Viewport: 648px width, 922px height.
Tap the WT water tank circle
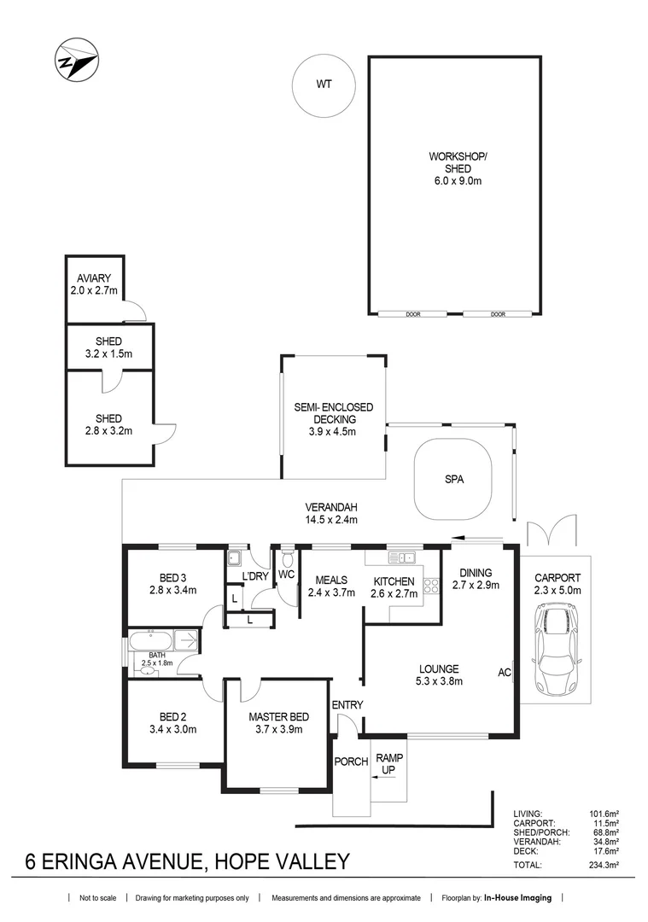pos(324,84)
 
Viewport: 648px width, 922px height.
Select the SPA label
pos(453,480)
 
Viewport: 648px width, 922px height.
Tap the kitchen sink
pos(401,558)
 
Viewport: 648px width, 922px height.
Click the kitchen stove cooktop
pos(431,586)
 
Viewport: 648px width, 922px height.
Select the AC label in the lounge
pos(504,673)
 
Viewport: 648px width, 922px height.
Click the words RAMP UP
pos(389,764)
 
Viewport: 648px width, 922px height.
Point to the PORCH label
pos(351,762)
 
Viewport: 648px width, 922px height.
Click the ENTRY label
pos(347,705)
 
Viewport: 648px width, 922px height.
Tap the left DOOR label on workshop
pos(414,314)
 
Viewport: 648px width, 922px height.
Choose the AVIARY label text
pos(96,279)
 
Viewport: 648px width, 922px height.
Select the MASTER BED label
pos(278,716)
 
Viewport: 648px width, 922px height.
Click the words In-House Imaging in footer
pos(518,898)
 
